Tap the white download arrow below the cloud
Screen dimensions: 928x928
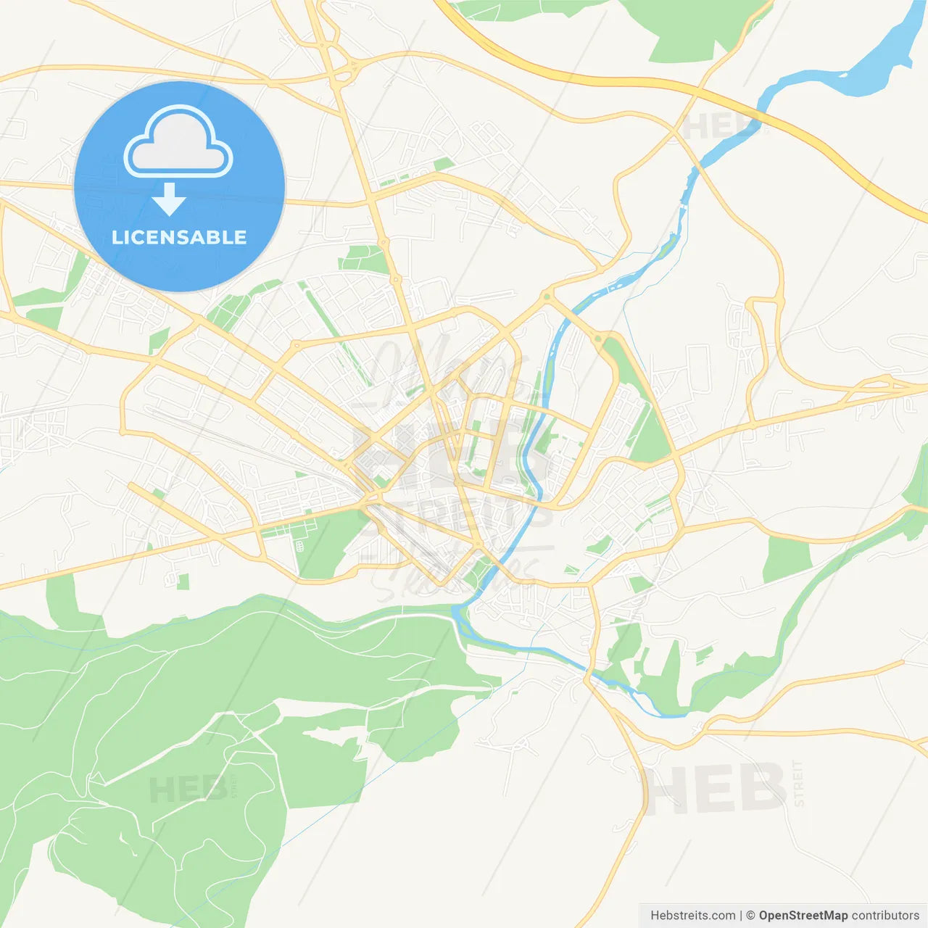tap(170, 199)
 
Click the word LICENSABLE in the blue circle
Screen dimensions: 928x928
tap(179, 238)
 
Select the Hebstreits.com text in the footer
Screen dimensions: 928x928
tap(692, 916)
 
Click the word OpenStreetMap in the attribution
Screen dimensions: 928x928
tap(803, 916)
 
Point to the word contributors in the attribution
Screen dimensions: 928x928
tap(885, 916)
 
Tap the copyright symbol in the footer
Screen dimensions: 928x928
tap(751, 916)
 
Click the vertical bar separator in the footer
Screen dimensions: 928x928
tap(741, 916)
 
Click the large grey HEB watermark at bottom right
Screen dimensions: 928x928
tap(714, 789)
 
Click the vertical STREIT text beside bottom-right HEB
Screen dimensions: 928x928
tap(798, 783)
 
